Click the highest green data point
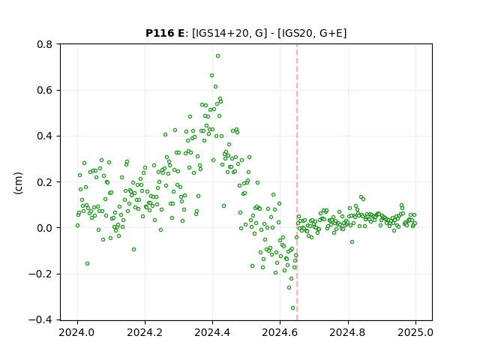(x=217, y=56)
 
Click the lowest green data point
(x=292, y=308)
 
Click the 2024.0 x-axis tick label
(x=77, y=332)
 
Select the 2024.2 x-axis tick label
(x=145, y=332)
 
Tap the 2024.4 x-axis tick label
(x=212, y=332)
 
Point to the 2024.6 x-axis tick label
(x=280, y=332)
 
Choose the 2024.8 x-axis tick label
(x=348, y=332)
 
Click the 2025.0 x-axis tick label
(x=415, y=332)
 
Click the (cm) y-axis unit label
(x=18, y=183)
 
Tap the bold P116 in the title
(x=159, y=33)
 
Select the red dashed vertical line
(x=297, y=182)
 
